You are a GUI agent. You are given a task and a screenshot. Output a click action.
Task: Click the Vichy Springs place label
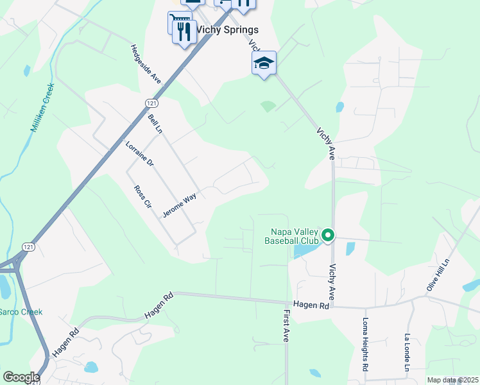pyautogui.click(x=227, y=30)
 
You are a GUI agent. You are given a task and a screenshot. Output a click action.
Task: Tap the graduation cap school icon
pyautogui.click(x=264, y=63)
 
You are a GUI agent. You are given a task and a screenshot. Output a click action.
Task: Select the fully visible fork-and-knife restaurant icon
pyautogui.click(x=185, y=31)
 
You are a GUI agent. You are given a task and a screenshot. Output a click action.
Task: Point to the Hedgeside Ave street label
pyautogui.click(x=146, y=64)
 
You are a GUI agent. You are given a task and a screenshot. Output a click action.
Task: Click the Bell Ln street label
pyautogui.click(x=155, y=125)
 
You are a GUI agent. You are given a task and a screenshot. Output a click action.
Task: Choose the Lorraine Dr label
pyautogui.click(x=140, y=153)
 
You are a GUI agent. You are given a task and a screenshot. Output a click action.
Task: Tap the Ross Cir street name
pyautogui.click(x=142, y=197)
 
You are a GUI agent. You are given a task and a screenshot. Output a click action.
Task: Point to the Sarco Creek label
pyautogui.click(x=21, y=312)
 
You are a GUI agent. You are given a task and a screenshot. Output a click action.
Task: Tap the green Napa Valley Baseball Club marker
pyautogui.click(x=328, y=235)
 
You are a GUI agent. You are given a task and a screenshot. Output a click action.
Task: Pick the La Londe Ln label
pyautogui.click(x=407, y=352)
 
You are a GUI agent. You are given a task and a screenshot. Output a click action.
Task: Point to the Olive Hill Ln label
pyautogui.click(x=439, y=277)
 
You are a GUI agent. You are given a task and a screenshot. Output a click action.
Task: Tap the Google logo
pyautogui.click(x=21, y=377)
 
